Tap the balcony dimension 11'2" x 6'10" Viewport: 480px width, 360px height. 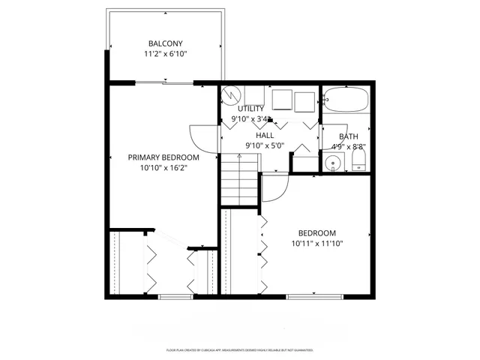point(165,55)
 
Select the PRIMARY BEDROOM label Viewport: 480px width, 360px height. point(163,157)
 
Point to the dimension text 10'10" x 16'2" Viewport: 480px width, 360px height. point(163,169)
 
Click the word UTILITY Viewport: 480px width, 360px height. point(251,109)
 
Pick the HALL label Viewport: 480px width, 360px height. point(265,135)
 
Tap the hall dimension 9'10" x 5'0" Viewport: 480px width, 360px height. point(265,145)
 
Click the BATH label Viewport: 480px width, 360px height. point(349,136)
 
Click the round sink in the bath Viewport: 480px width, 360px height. point(333,163)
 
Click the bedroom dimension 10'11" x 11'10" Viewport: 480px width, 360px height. point(317,244)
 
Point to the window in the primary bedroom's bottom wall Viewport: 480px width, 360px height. point(172,297)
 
